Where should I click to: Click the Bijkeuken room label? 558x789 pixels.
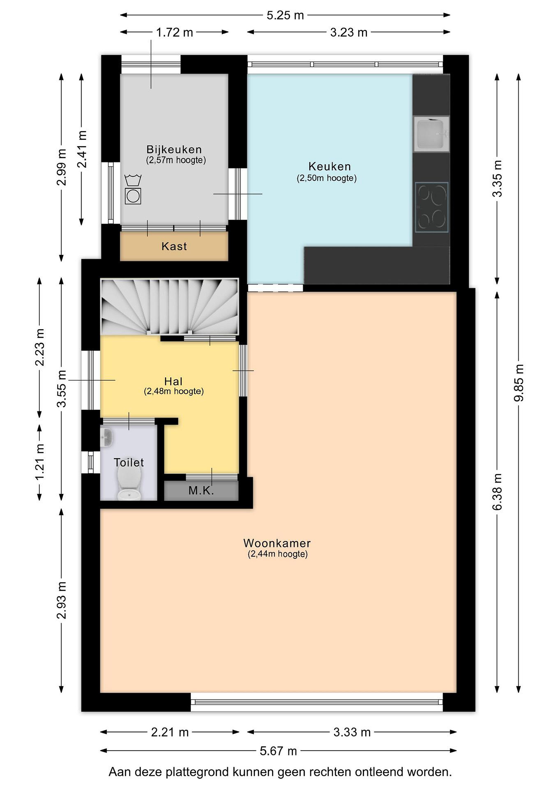(174, 150)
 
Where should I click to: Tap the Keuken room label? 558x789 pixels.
(330, 167)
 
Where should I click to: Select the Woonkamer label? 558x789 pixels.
(277, 543)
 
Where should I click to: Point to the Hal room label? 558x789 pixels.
(173, 381)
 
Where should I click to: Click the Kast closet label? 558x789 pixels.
(174, 246)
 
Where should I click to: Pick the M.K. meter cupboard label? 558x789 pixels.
(201, 491)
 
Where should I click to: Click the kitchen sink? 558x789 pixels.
(431, 134)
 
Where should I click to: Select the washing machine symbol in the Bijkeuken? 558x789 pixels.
(133, 196)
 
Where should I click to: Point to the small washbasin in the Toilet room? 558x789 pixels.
(107, 438)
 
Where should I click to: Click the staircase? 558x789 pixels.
(169, 307)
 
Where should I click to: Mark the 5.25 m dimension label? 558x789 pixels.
(285, 15)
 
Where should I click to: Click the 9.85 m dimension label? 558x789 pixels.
(519, 383)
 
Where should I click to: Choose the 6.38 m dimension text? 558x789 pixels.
(497, 492)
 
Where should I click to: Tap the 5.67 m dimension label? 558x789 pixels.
(278, 751)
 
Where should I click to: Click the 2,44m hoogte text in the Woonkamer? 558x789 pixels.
(277, 554)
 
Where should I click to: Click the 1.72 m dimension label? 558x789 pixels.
(174, 33)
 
